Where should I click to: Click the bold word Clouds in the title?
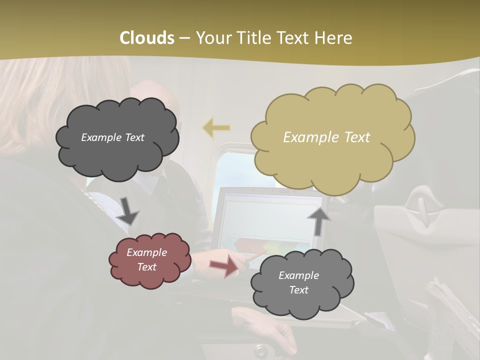click(x=147, y=38)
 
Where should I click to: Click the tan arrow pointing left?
click(x=216, y=128)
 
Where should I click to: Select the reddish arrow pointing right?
click(x=224, y=266)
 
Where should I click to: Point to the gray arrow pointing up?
click(x=319, y=220)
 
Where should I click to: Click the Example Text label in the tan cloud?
click(x=326, y=137)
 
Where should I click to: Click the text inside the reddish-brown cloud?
click(x=146, y=260)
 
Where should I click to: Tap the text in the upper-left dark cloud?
click(x=112, y=137)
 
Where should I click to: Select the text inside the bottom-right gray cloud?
click(x=298, y=282)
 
